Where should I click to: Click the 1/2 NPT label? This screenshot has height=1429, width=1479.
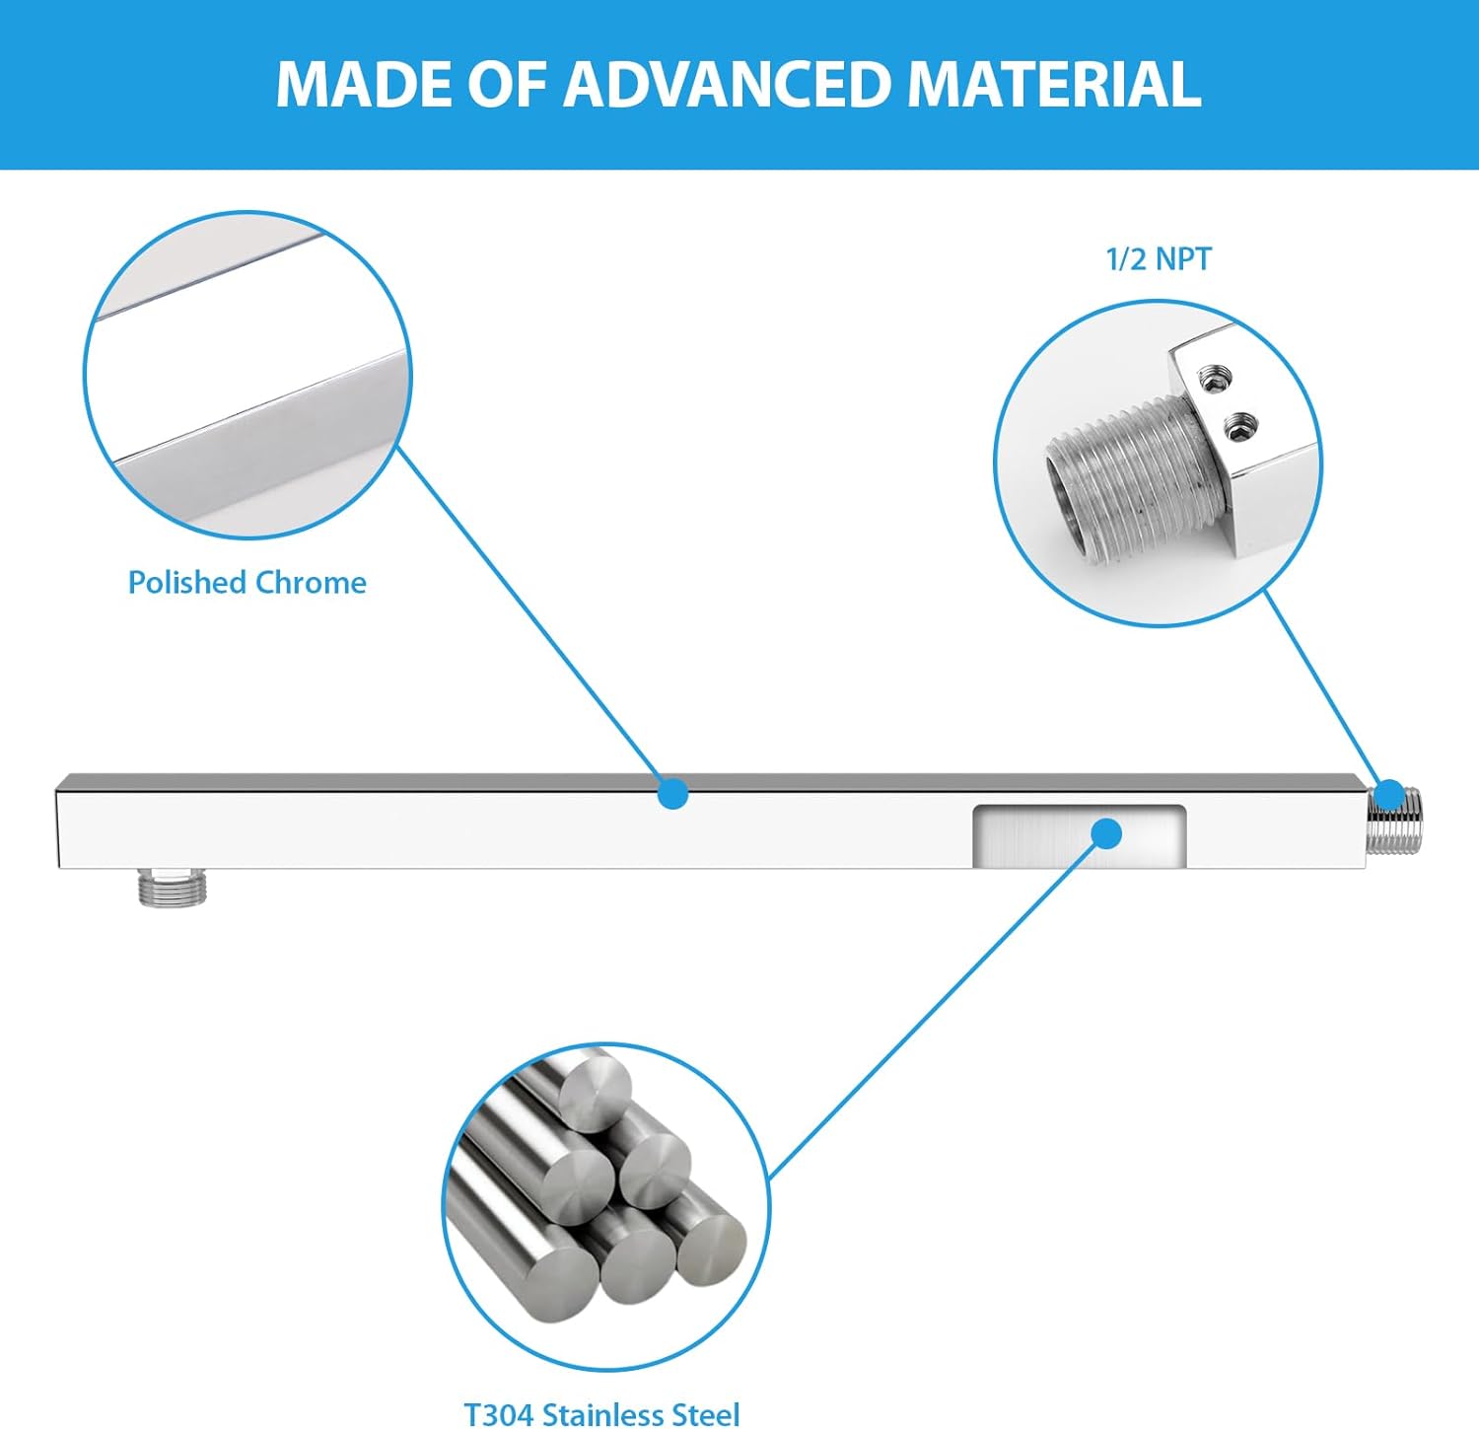coord(1158,258)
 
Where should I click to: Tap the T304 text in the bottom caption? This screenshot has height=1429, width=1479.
coord(500,1414)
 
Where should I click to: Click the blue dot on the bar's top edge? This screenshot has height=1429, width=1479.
coord(672,793)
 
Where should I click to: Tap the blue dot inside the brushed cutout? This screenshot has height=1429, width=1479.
coord(1107,833)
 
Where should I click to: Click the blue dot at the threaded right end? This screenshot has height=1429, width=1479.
coord(1389,795)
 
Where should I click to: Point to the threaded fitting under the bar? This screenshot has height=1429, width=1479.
coord(172,888)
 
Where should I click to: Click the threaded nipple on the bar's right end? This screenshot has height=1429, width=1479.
coord(1394,821)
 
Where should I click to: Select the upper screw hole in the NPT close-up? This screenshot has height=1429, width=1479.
coord(1212,377)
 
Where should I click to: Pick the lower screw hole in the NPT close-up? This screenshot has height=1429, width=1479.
coord(1239,428)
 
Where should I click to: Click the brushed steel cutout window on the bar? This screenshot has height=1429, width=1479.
coord(1079,836)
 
